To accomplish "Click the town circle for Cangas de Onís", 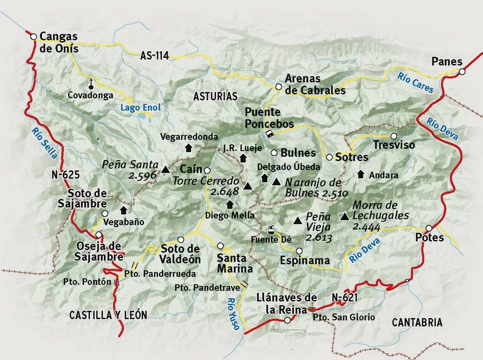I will (x=33, y=37).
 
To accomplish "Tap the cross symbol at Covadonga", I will (x=91, y=82).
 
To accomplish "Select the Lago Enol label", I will (x=140, y=107).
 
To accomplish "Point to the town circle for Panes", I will (x=462, y=72).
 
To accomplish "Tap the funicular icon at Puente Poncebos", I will (x=268, y=134).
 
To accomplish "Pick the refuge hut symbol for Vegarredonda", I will (x=188, y=148).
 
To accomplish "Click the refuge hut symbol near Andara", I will (x=361, y=174).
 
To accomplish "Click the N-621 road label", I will (x=344, y=297).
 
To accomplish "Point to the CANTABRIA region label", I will (x=417, y=322).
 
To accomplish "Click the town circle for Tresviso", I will (x=394, y=136).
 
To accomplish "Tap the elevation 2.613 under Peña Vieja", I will (x=319, y=238).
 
